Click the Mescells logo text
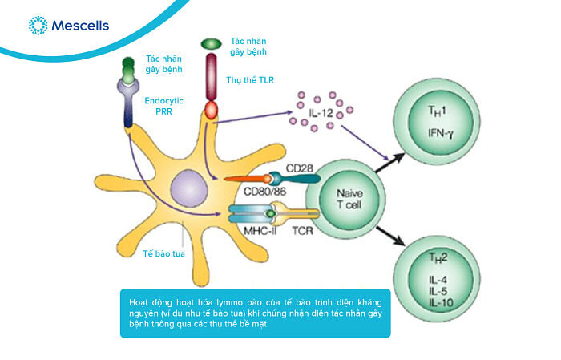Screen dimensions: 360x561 [x=79, y=26]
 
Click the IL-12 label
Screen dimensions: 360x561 [x=321, y=112]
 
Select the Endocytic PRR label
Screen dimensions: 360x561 [x=165, y=110]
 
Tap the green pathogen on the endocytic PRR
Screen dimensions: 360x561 [x=128, y=63]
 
